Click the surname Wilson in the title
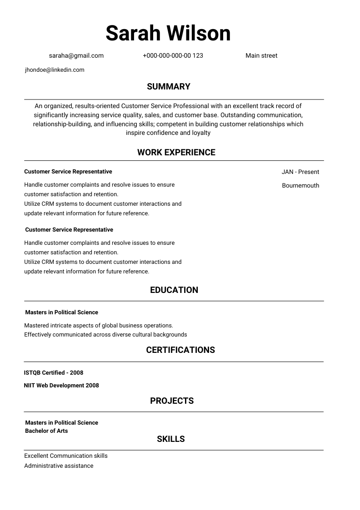(198, 33)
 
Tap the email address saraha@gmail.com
(76, 56)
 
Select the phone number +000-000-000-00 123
(173, 56)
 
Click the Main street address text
(261, 56)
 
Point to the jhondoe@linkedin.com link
(55, 70)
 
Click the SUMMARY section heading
(169, 87)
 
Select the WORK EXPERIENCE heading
(176, 153)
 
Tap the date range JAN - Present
(300, 172)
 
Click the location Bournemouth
(300, 186)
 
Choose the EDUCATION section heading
(174, 290)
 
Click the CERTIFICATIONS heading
(180, 350)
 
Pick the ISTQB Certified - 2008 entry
(54, 373)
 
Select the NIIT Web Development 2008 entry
(61, 386)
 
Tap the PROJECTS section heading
(172, 401)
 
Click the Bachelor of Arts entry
(46, 431)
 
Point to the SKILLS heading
(171, 439)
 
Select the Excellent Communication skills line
(66, 456)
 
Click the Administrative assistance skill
(59, 466)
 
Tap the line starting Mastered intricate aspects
(99, 326)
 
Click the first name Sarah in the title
(133, 33)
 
